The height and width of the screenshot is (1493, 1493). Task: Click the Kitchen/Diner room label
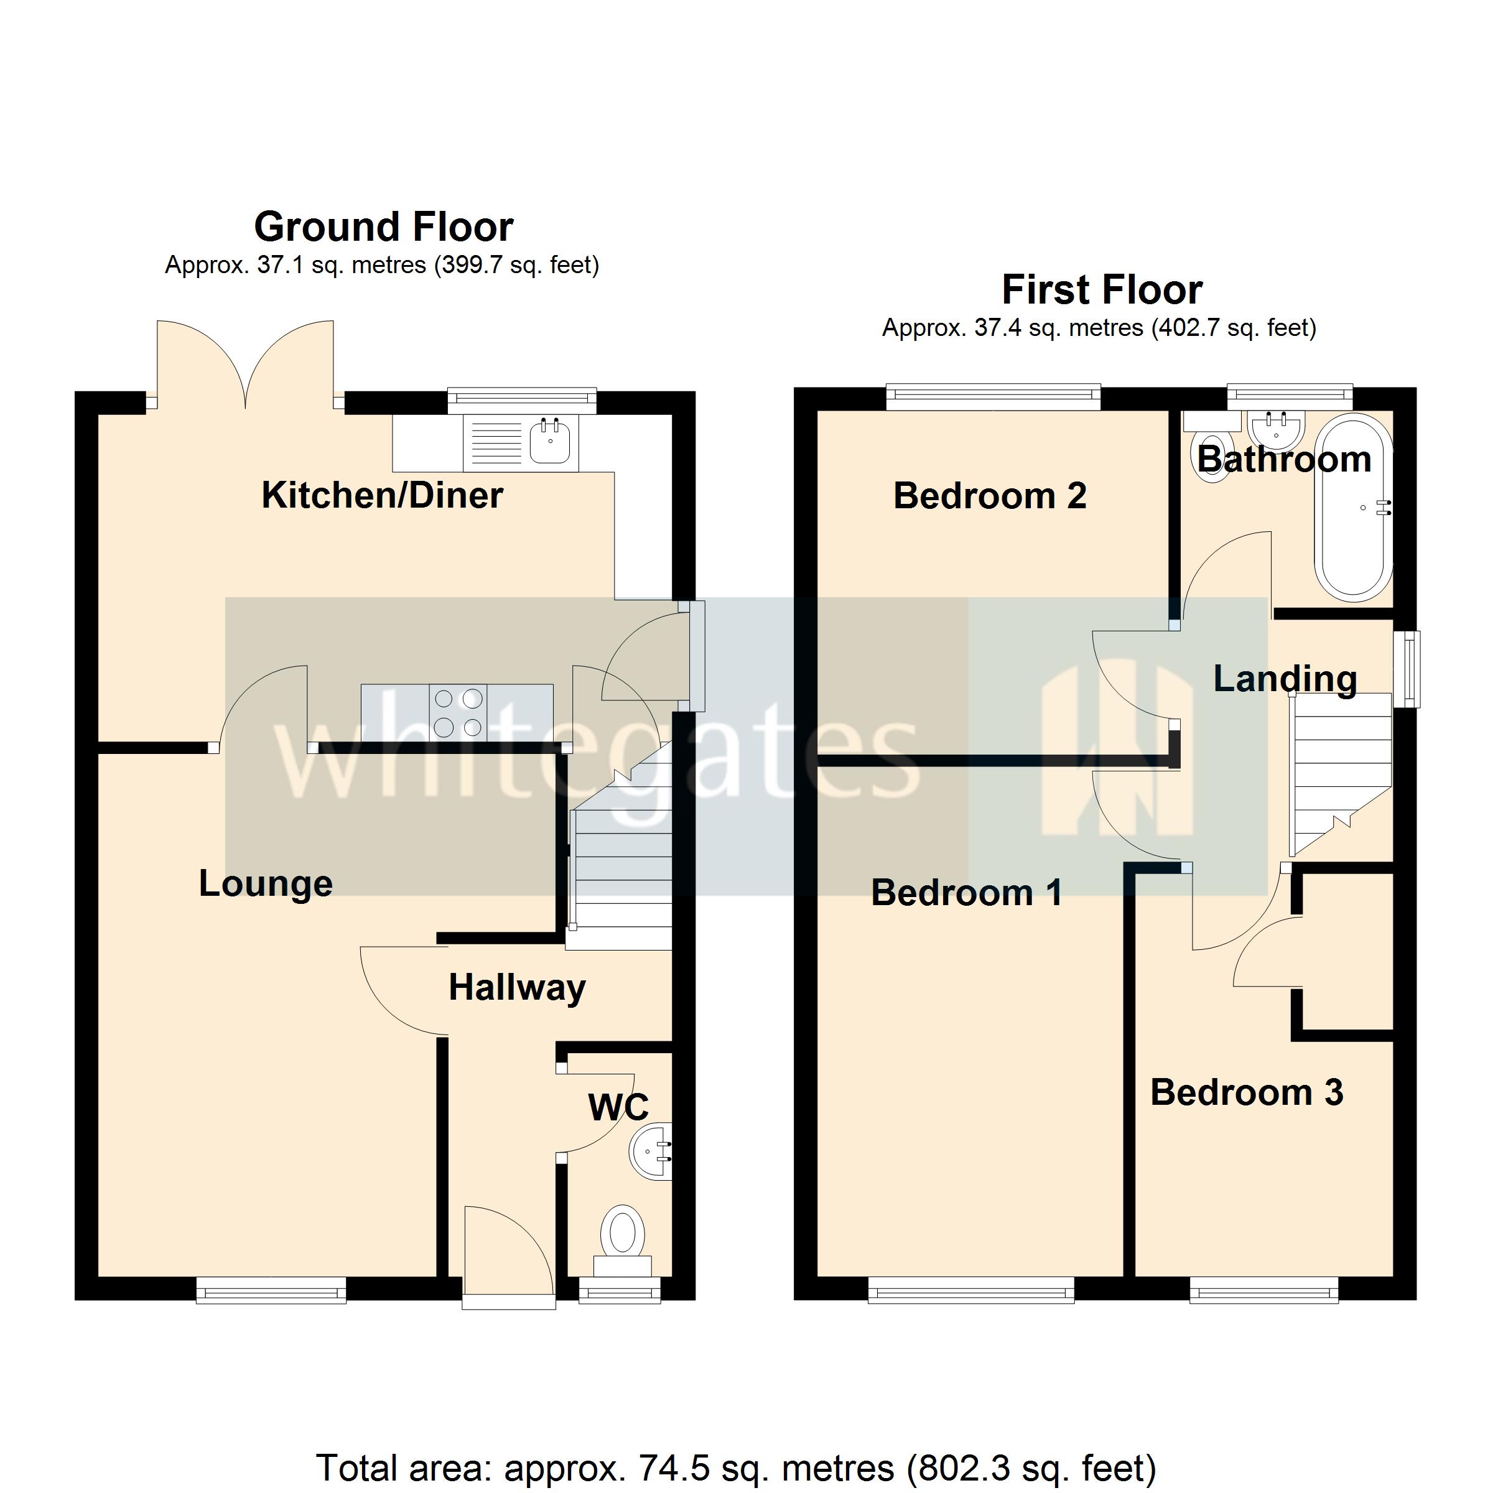[x=382, y=495]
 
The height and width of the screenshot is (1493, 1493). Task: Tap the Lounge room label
[x=265, y=883]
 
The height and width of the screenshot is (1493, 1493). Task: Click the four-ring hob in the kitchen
[x=457, y=712]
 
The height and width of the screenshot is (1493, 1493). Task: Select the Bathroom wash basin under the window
[x=1277, y=429]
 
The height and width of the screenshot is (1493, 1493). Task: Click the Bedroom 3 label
[x=1247, y=1093]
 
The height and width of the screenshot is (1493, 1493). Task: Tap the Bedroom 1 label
[x=966, y=893]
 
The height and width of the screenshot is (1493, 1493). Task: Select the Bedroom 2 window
[x=993, y=398]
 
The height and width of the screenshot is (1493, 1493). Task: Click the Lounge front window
[x=271, y=1290]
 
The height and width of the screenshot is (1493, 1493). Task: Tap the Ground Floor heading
[x=383, y=227]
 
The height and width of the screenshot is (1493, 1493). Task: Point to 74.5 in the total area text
[x=664, y=1467]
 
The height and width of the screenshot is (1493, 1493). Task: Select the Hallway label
[x=517, y=988]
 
